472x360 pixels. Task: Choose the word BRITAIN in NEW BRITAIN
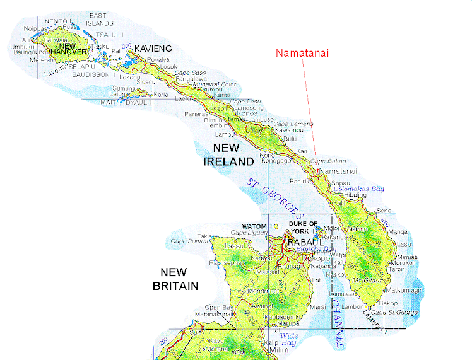point(175,286)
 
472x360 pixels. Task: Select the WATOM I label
point(255,226)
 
